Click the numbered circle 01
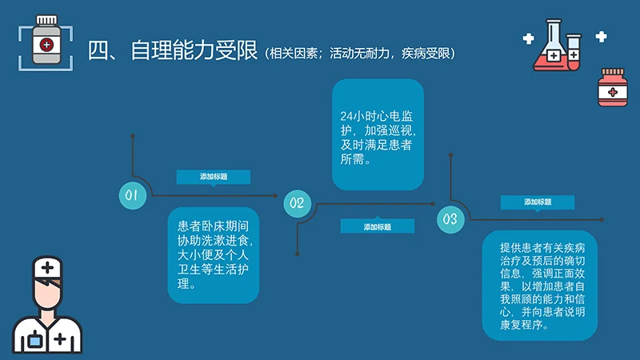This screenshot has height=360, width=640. (x=133, y=195)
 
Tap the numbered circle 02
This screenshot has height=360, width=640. (x=297, y=203)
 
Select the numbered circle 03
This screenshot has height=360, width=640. (x=450, y=218)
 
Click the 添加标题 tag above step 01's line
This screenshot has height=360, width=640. (x=213, y=177)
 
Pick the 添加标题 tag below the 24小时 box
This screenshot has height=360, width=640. (x=377, y=226)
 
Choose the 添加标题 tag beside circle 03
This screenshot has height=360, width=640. (x=538, y=202)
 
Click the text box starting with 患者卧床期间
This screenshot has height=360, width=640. (x=214, y=255)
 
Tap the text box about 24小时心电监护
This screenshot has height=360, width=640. (x=377, y=135)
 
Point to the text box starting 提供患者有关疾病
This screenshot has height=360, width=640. (x=540, y=286)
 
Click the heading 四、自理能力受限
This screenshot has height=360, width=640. (x=172, y=52)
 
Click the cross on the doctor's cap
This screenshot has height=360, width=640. (x=48, y=267)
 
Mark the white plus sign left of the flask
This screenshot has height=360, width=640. (x=528, y=38)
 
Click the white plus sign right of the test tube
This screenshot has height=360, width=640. (x=601, y=36)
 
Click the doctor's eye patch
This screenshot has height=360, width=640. (x=50, y=285)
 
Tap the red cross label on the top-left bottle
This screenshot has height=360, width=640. (x=46, y=44)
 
